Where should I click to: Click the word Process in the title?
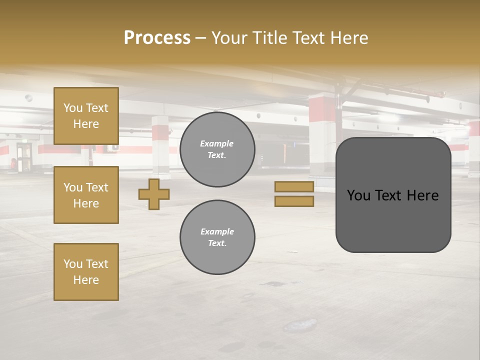click(157, 37)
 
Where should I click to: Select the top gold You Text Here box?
click(86, 116)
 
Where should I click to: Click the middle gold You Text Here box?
click(86, 195)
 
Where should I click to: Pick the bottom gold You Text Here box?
click(86, 272)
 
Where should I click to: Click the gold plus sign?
click(154, 194)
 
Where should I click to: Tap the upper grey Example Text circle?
click(217, 149)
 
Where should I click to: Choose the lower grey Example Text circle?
click(217, 237)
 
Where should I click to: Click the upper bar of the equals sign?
click(294, 187)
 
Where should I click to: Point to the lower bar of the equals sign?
click(294, 201)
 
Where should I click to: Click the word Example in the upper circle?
click(217, 143)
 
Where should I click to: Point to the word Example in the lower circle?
click(217, 231)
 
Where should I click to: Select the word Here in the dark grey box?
click(422, 195)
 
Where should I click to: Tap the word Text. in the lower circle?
click(217, 243)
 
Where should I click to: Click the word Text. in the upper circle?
click(217, 155)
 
